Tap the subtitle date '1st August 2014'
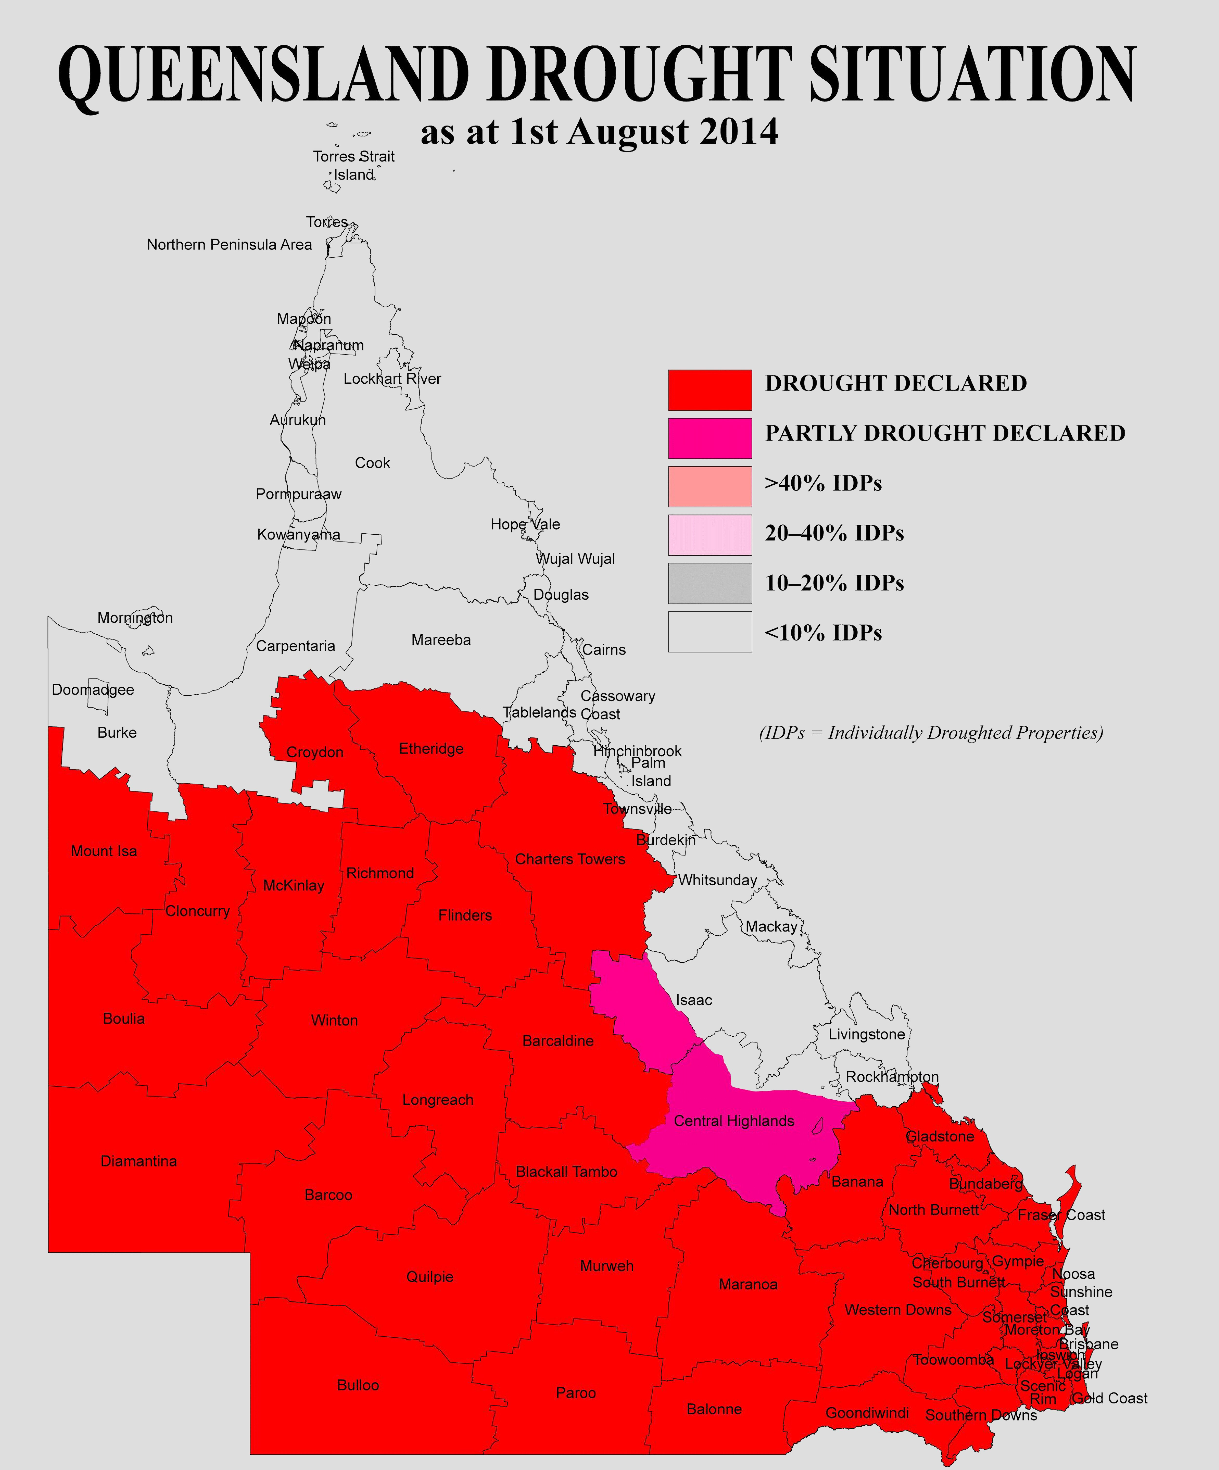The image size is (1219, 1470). (644, 132)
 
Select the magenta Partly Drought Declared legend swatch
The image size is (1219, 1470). (709, 438)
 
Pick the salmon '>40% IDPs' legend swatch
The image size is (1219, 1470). (709, 487)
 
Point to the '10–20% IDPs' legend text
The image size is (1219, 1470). (834, 583)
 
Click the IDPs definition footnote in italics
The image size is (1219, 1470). (931, 733)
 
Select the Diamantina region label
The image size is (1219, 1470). (138, 1161)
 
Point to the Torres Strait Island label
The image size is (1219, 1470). (353, 165)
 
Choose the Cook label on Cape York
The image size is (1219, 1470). (372, 463)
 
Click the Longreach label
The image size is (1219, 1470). (437, 1100)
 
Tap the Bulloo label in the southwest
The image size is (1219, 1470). (358, 1385)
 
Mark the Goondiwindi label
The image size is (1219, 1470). (867, 1413)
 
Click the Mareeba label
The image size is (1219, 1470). (441, 640)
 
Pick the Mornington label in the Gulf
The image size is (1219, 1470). (135, 617)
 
